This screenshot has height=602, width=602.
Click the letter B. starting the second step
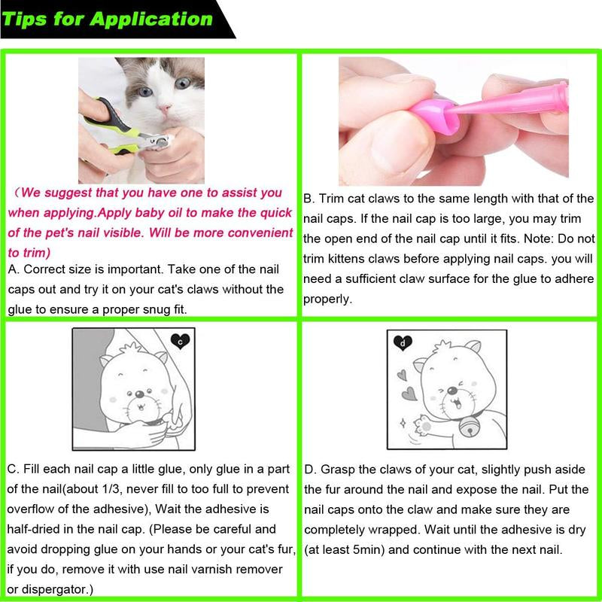309,199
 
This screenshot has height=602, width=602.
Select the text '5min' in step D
366,549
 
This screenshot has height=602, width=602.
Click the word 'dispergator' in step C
53,588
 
